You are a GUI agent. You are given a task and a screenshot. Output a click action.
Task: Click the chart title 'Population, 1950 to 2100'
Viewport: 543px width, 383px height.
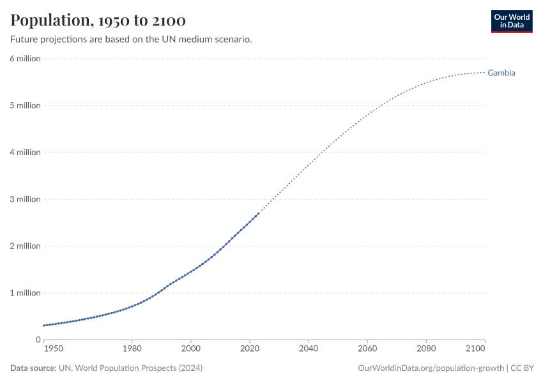[98, 20]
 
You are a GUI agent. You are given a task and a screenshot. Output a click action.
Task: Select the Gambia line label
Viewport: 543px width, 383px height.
[501, 73]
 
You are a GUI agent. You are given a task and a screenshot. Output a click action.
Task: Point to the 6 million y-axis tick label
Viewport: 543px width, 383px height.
[25, 59]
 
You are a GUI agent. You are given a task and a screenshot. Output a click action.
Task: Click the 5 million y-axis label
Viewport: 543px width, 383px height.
[25, 105]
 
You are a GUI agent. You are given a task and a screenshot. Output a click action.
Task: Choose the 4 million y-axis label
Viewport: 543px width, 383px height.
[25, 153]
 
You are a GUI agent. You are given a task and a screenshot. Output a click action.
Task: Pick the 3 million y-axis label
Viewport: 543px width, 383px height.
[25, 199]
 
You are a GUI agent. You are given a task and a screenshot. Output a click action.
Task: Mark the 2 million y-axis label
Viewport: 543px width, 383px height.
[25, 246]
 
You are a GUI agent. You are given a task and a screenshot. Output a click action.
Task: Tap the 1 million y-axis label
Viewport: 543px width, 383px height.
[25, 293]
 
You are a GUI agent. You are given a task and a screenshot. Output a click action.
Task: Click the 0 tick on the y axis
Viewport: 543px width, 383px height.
[38, 340]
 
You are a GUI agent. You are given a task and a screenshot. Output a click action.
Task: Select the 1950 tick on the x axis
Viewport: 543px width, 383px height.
[53, 349]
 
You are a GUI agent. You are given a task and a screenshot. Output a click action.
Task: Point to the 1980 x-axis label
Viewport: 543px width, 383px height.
[132, 349]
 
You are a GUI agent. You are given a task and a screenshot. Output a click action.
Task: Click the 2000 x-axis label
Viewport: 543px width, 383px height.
[191, 349]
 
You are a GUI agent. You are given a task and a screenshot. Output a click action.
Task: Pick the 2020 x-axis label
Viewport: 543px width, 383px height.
[250, 349]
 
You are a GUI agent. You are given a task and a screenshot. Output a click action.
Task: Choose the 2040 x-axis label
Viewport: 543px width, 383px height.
[309, 349]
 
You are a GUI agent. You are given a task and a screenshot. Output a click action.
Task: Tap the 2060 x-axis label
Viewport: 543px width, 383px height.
[367, 349]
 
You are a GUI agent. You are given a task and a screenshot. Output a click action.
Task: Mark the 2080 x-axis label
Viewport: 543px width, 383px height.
[426, 349]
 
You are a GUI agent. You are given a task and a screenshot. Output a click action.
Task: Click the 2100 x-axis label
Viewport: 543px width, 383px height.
[476, 349]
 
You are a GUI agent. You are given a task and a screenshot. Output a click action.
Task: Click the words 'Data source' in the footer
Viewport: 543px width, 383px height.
[32, 368]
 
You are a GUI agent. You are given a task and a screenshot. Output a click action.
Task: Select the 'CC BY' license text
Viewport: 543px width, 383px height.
[523, 368]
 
